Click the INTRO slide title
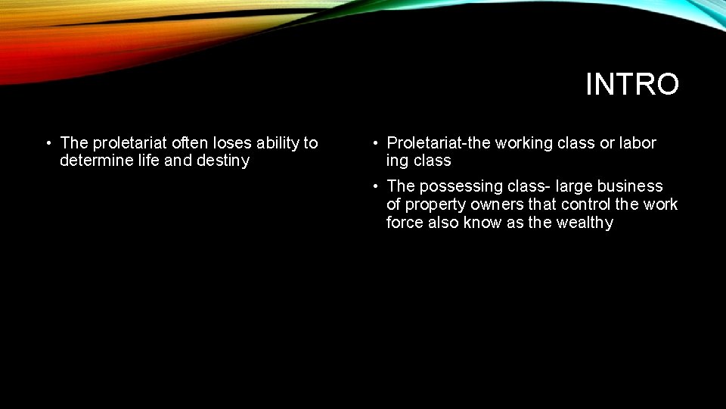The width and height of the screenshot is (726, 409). tap(632, 85)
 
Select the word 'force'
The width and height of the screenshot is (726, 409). tap(405, 223)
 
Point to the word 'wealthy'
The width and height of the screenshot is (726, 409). tap(584, 223)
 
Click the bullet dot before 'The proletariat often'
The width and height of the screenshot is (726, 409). tap(48, 143)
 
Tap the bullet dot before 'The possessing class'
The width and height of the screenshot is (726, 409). tap(374, 186)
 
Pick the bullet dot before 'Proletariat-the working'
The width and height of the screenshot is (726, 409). tap(374, 143)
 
